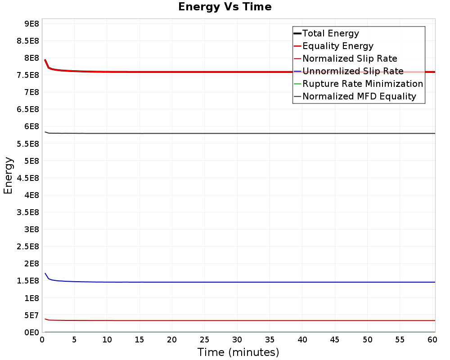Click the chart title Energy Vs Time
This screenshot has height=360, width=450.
225,7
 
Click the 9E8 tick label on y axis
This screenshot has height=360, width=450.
31,23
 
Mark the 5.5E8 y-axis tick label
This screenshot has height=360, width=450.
28,144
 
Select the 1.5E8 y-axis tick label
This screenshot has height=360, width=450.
28,281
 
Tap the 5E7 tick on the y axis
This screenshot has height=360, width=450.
31,315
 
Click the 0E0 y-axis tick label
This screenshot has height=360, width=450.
31,333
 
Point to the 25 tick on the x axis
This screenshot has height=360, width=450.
204,340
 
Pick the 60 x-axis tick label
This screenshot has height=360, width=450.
432,340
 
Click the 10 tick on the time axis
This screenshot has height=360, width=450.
107,340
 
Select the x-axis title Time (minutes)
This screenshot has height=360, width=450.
238,352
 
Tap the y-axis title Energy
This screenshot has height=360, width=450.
8,175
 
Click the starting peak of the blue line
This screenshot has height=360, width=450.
45,273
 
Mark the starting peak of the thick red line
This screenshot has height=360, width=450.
45,60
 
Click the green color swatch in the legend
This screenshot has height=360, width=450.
297,84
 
